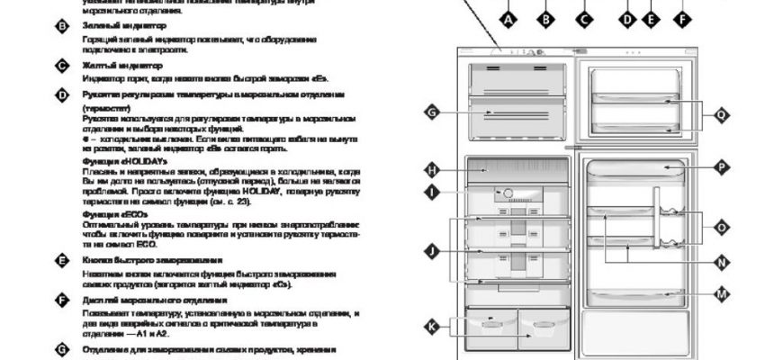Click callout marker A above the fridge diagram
tap(508, 17)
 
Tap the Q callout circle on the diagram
tap(722, 114)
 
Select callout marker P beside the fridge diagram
tap(722, 166)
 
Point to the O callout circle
tap(722, 228)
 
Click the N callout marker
tap(722, 262)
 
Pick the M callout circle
tap(722, 293)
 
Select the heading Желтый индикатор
tap(109, 66)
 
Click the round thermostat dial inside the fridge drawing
tap(507, 193)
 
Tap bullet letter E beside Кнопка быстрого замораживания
tap(62, 260)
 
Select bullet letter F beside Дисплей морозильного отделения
tap(62, 300)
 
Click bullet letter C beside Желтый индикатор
tap(62, 67)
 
